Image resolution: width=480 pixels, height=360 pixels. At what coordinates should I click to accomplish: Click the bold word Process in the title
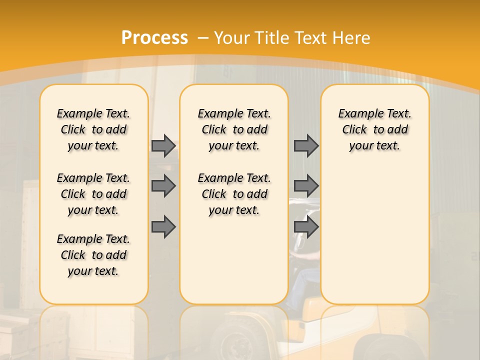(x=154, y=38)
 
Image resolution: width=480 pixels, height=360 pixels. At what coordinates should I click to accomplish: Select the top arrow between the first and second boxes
(x=163, y=145)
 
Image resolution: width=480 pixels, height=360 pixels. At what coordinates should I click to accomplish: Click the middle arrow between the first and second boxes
(x=163, y=186)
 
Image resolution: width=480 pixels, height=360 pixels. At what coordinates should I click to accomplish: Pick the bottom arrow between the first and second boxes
(x=163, y=227)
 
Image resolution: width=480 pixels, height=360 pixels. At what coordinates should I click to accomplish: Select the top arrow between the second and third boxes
(x=306, y=145)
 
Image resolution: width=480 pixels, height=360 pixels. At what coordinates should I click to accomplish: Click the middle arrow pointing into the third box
(x=306, y=186)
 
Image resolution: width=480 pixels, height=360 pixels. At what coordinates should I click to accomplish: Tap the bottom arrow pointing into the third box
(x=306, y=227)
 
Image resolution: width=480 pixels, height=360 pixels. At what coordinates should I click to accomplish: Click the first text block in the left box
(x=93, y=129)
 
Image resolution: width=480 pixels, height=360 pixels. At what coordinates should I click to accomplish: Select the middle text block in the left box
(x=93, y=194)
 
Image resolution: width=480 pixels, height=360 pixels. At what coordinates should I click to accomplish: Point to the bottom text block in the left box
(x=93, y=255)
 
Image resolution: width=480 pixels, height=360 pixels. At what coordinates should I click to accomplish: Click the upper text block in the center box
(x=234, y=129)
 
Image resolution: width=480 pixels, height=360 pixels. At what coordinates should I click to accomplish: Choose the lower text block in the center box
(x=234, y=194)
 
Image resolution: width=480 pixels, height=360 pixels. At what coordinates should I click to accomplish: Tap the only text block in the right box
(x=374, y=129)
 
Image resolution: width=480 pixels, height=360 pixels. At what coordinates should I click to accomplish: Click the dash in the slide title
(x=203, y=38)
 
